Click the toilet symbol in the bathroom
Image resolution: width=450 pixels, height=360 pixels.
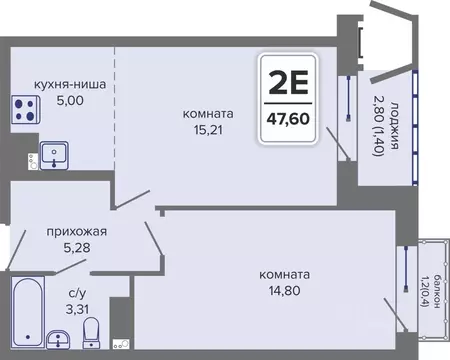coord(91,332)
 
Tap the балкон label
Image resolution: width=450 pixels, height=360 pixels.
coord(431,291)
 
